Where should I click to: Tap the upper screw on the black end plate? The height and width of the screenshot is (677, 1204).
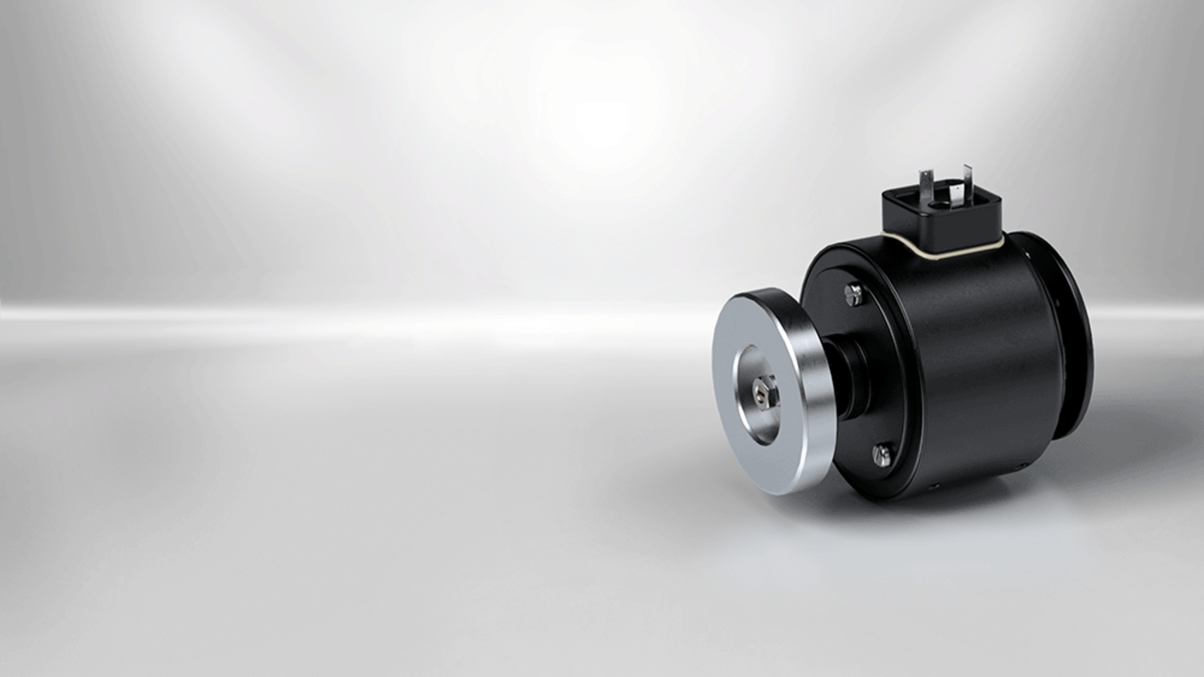[854, 293]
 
